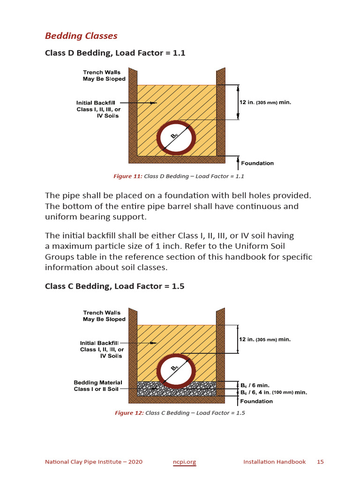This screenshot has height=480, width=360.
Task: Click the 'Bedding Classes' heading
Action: pyautogui.click(x=81, y=36)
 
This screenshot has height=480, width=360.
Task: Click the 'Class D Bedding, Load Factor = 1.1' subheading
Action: pyautogui.click(x=115, y=53)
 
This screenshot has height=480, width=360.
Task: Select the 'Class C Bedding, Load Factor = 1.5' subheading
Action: pyautogui.click(x=114, y=286)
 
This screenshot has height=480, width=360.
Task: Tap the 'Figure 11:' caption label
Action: pyautogui.click(x=127, y=177)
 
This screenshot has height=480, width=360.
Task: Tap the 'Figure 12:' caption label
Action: pyautogui.click(x=129, y=413)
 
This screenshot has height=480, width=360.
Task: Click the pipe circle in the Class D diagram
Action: pyautogui.click(x=176, y=139)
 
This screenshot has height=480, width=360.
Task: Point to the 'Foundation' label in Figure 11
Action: pyautogui.click(x=257, y=163)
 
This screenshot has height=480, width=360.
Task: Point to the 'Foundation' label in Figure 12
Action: pyautogui.click(x=256, y=401)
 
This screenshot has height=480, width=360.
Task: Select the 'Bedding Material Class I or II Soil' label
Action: pyautogui.click(x=98, y=386)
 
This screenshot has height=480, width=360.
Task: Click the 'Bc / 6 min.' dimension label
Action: pyautogui.click(x=255, y=385)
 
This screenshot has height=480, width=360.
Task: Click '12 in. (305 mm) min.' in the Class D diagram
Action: pyautogui.click(x=265, y=102)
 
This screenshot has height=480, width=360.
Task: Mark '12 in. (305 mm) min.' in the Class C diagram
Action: pyautogui.click(x=265, y=339)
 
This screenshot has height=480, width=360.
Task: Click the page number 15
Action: pyautogui.click(x=320, y=462)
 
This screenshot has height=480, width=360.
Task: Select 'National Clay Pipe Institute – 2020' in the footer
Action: pyautogui.click(x=94, y=462)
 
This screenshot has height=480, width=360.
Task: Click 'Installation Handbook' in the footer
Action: pyautogui.click(x=274, y=462)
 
